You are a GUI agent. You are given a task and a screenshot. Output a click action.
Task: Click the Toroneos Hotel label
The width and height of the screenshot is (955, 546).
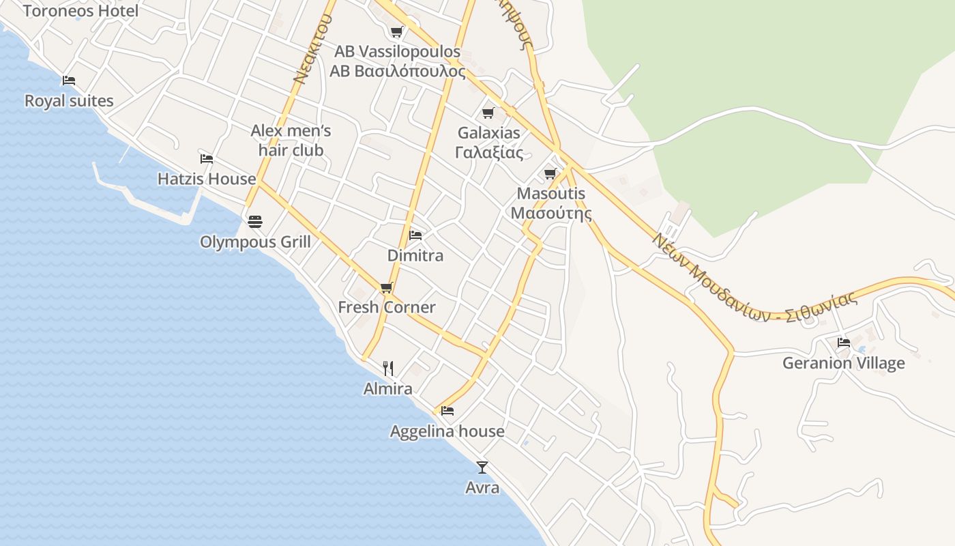[80, 11]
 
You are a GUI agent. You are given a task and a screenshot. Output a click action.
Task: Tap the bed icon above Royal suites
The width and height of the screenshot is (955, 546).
[69, 81]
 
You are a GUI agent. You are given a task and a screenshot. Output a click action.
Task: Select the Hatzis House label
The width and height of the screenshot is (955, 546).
[207, 179]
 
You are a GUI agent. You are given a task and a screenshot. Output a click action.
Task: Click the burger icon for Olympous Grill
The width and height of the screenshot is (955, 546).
[255, 221]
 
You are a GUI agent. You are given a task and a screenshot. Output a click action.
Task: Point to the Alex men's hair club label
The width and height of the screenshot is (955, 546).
[291, 140]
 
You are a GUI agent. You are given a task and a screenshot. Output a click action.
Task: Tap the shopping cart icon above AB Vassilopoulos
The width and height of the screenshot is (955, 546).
[396, 31]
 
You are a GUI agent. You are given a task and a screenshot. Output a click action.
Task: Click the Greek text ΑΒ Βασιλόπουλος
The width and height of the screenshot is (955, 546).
[398, 71]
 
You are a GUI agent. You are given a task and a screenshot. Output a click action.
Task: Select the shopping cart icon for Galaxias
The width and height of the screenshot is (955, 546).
[488, 113]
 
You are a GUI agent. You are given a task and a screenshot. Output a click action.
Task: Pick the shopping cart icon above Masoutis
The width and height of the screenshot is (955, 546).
[550, 173]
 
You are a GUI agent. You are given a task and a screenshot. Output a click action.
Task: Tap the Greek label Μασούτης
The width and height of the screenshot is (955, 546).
[551, 212]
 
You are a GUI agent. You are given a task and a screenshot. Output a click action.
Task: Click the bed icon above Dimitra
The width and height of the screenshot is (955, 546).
[415, 235]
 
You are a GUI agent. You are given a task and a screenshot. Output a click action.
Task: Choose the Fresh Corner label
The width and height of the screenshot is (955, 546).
[387, 307]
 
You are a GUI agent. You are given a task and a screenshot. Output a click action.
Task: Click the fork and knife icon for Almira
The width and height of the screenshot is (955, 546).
[388, 369]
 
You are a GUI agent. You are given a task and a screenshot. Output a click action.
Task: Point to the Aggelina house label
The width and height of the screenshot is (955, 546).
[447, 431]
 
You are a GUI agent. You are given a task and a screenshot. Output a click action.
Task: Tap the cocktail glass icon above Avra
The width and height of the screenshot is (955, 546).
[482, 468]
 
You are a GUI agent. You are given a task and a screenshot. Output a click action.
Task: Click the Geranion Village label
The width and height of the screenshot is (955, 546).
[843, 363]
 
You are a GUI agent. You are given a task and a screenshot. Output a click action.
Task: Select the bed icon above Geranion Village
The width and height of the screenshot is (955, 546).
[844, 342]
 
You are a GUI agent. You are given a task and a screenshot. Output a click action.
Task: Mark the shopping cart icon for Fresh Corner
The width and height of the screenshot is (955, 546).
[387, 287]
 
